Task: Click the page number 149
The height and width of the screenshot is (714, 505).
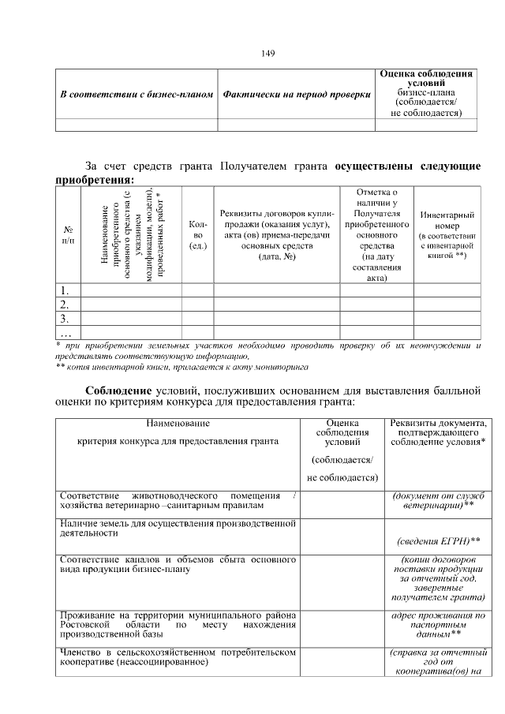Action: [x=267, y=53]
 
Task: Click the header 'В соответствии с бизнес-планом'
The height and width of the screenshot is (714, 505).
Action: [x=137, y=95]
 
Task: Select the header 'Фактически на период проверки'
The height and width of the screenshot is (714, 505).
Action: [x=297, y=95]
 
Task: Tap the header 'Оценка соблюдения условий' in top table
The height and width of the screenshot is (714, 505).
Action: [x=426, y=78]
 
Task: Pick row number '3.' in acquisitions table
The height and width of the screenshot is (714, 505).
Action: [x=65, y=319]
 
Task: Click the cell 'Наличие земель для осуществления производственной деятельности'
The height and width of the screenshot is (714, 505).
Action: [x=178, y=527]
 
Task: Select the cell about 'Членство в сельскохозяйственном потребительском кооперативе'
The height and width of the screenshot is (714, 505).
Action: [x=178, y=657]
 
